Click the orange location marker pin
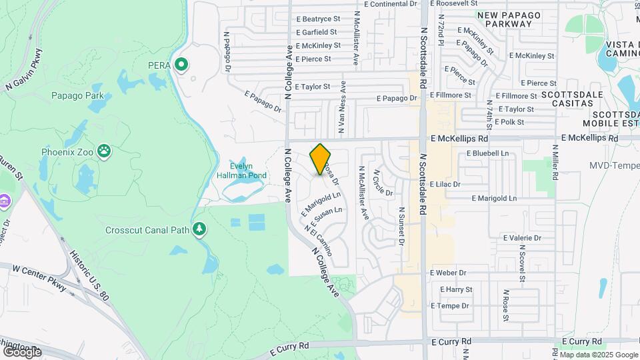pyautogui.click(x=321, y=159)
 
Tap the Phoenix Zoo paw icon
pyautogui.click(x=104, y=151)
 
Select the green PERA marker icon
pyautogui.click(x=181, y=65)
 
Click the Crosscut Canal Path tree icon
pyautogui.click(x=199, y=230)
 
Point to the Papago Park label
pyautogui.click(x=77, y=95)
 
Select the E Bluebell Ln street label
pyautogui.click(x=487, y=153)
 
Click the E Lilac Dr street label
pyautogui.click(x=445, y=183)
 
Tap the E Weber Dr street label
pyautogui.click(x=448, y=273)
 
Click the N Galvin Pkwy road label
pyautogui.click(x=25, y=70)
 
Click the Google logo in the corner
pyautogui.click(x=23, y=351)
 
